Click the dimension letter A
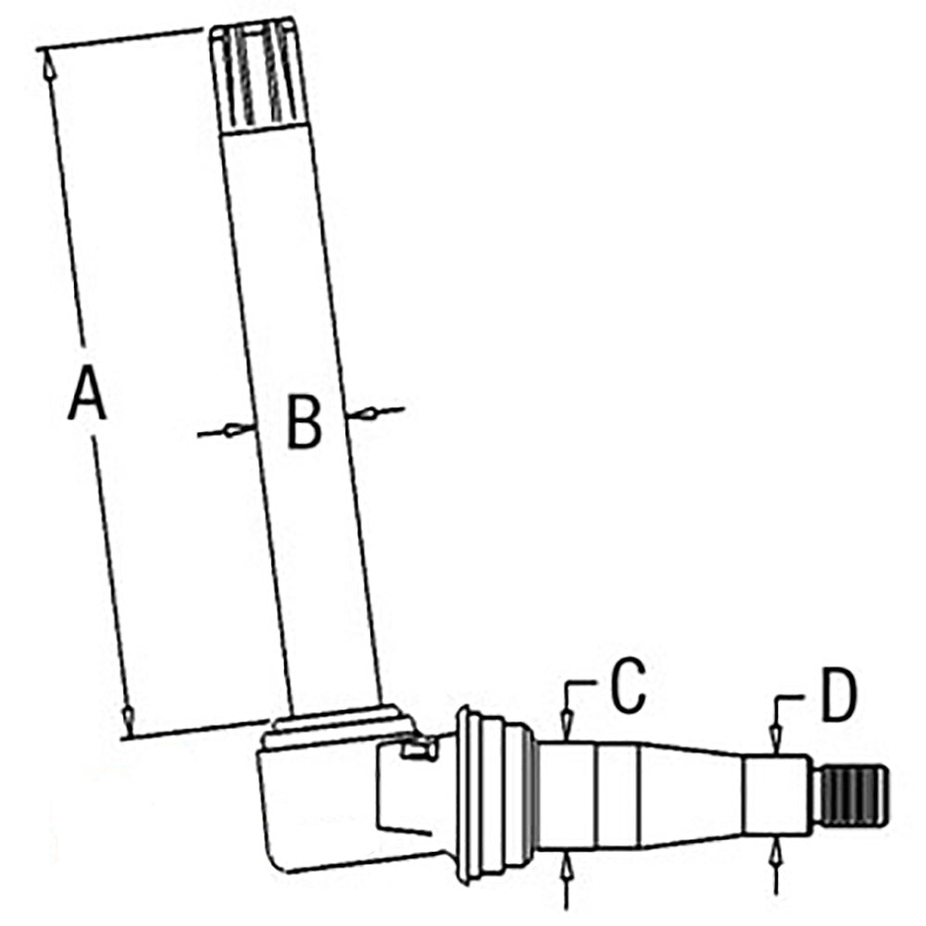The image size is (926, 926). (x=87, y=393)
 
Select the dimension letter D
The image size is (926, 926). (x=839, y=694)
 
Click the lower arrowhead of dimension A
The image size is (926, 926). (x=127, y=719)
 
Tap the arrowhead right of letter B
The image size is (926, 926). (x=364, y=414)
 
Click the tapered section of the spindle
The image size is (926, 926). (x=691, y=795)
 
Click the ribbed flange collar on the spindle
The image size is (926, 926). (x=494, y=795)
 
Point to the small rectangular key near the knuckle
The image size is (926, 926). (x=419, y=748)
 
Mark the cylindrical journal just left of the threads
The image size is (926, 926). (x=775, y=795)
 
